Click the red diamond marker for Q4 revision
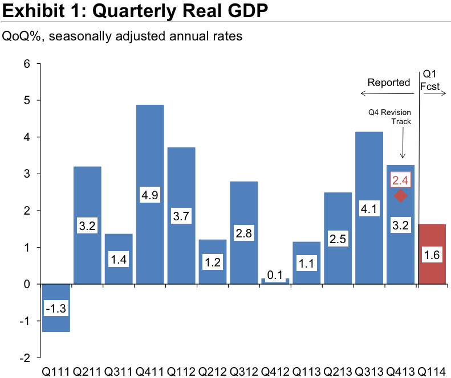(400, 196)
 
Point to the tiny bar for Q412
(275, 281)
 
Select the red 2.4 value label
(400, 181)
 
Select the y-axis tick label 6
(26, 64)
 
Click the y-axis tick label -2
(24, 358)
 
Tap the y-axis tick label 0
(26, 284)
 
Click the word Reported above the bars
(388, 83)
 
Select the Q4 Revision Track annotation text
(390, 117)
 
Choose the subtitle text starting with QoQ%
(123, 36)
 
